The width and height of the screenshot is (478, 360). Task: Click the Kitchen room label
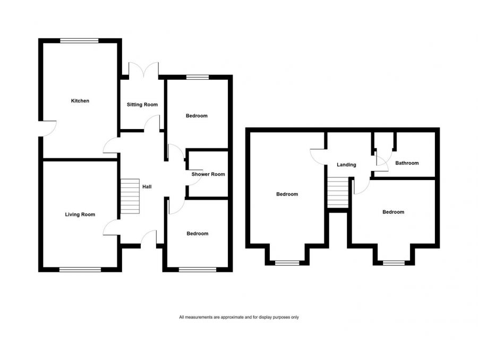(x=80, y=101)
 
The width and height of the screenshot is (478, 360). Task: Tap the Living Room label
(x=80, y=215)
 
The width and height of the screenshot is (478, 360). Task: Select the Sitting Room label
(x=142, y=105)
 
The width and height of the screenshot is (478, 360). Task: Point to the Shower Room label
(x=208, y=174)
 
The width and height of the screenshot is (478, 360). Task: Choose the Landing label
(x=346, y=165)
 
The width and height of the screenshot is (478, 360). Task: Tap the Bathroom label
(x=407, y=163)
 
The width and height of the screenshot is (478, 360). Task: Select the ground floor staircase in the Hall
(x=130, y=196)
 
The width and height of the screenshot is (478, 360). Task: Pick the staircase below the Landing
(x=337, y=193)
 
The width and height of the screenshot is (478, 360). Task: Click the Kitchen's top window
(x=79, y=40)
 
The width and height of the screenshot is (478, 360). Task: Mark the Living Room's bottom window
(x=80, y=270)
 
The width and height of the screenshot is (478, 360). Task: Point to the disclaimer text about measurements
(x=239, y=318)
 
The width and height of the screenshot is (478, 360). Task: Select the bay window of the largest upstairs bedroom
(x=287, y=262)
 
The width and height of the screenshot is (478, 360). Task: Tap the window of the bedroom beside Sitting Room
(x=197, y=78)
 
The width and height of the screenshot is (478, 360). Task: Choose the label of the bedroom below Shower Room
(x=197, y=234)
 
